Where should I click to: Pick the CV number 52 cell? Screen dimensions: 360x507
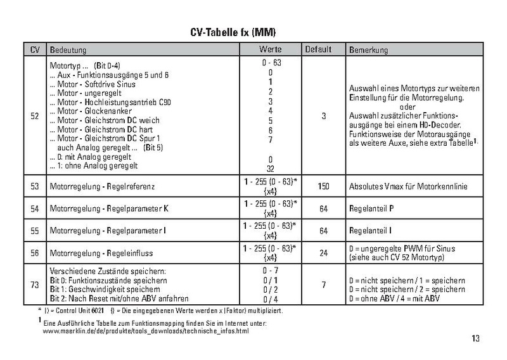pyautogui.click(x=35, y=116)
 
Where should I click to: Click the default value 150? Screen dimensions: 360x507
pyautogui.click(x=323, y=187)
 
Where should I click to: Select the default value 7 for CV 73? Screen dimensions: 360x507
pyautogui.click(x=323, y=285)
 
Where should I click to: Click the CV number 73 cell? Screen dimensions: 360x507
pyautogui.click(x=35, y=285)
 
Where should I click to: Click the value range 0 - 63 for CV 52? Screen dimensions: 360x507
pyautogui.click(x=271, y=65)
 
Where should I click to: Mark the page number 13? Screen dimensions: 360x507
pyautogui.click(x=475, y=338)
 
